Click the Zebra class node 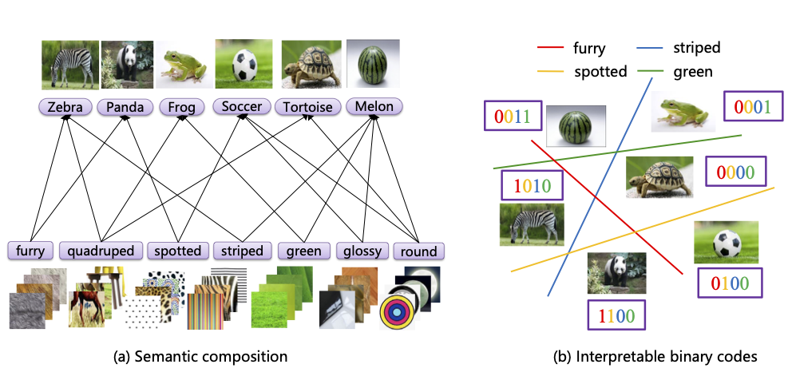tap(66, 106)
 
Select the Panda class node tap(125, 106)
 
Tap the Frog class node tap(182, 106)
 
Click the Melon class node tap(374, 106)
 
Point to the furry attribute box tap(31, 251)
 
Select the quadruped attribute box tap(101, 251)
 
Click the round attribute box tap(418, 251)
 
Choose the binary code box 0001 tap(752, 106)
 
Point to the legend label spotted tap(600, 72)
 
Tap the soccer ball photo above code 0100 tap(726, 242)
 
